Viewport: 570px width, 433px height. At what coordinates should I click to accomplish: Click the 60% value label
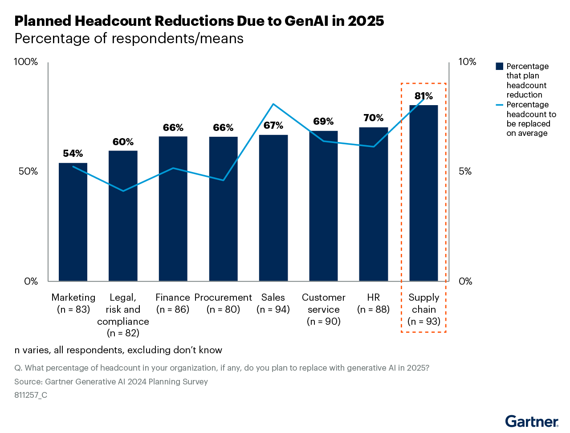point(123,142)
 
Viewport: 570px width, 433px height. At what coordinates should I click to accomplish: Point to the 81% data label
point(423,96)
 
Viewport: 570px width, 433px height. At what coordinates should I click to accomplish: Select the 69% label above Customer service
point(323,122)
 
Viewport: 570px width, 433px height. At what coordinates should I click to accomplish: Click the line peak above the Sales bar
point(273,104)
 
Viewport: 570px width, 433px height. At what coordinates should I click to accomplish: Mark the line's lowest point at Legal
point(123,191)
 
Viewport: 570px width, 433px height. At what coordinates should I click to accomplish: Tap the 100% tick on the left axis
point(26,62)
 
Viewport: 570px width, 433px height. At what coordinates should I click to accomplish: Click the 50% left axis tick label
point(28,172)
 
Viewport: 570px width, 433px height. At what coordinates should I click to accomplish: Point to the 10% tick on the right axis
point(467,62)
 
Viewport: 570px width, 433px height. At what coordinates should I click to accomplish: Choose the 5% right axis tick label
point(465,172)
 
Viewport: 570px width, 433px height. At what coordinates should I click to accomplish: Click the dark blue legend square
point(499,66)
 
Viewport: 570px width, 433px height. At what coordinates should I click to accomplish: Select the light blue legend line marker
point(499,105)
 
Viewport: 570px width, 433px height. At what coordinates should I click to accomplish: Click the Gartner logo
point(532,421)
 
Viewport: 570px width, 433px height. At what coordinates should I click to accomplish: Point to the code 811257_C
point(31,395)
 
